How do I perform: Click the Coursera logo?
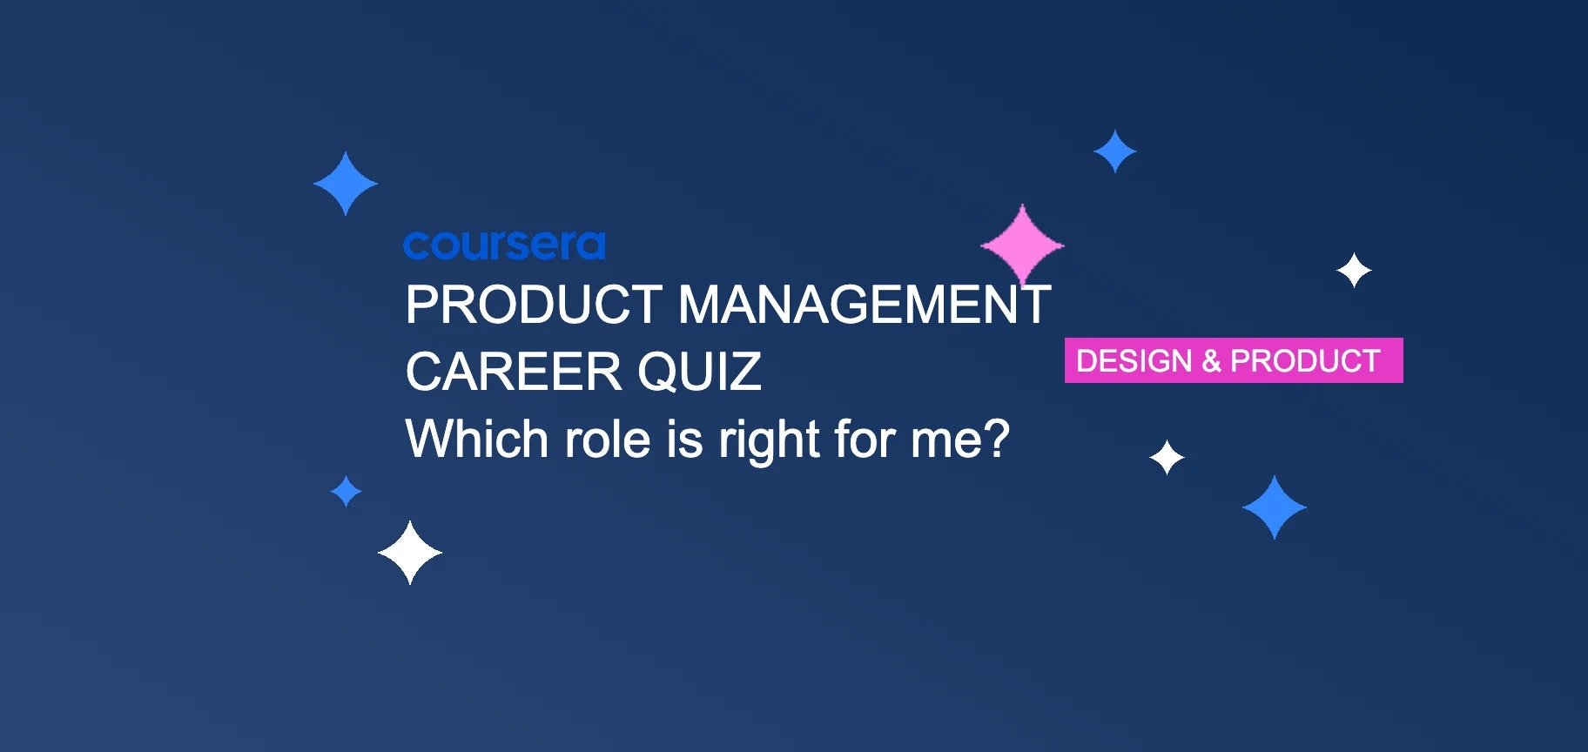[x=504, y=245]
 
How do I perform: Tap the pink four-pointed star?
[x=1022, y=245]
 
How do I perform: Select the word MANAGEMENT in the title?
[x=864, y=305]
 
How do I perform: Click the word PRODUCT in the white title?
[x=534, y=305]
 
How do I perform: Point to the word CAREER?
[x=513, y=373]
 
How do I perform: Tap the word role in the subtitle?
[x=608, y=439]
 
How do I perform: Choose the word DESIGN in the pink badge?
[x=1134, y=360]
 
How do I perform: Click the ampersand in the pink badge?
[x=1211, y=360]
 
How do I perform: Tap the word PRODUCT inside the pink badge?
[x=1305, y=360]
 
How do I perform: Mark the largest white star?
[x=410, y=553]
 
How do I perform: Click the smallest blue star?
[x=347, y=491]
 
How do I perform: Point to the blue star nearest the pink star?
[x=1114, y=151]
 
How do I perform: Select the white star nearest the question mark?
[x=1167, y=457]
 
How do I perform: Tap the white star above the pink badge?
[x=1354, y=271]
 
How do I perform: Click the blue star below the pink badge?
[x=1275, y=507]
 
